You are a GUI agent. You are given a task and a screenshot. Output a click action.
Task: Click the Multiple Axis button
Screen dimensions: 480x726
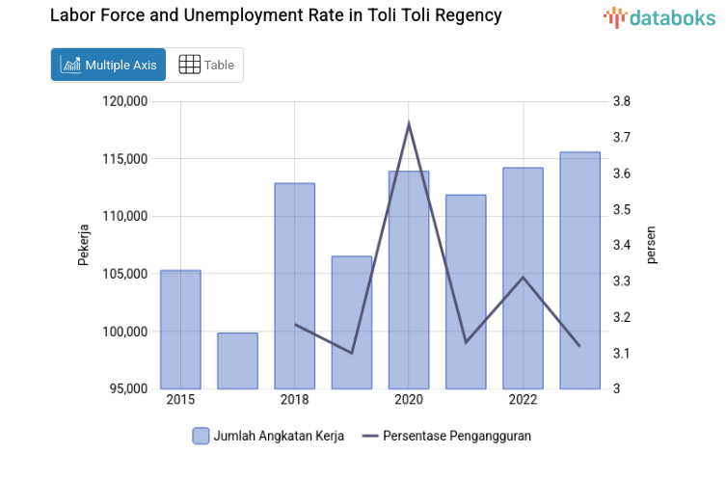(108, 65)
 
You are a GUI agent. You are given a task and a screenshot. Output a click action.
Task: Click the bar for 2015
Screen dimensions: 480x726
(180, 329)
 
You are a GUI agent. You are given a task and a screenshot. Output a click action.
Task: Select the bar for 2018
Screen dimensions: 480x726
(294, 285)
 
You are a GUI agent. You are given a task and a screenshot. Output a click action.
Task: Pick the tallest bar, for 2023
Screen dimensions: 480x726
(579, 270)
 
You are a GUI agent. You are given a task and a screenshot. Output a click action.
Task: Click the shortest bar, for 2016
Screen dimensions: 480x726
(237, 360)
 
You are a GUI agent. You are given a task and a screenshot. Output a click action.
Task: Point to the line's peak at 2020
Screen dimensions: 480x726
(409, 123)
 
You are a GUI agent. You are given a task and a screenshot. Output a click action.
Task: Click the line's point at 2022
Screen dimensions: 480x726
(523, 278)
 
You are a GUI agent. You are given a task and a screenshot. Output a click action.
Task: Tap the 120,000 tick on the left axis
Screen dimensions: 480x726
(124, 101)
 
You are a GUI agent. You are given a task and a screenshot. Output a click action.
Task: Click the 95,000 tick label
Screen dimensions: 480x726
(127, 389)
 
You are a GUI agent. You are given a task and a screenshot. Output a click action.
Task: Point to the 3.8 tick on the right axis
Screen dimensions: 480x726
(621, 101)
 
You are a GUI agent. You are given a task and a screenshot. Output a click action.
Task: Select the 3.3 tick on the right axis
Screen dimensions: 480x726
(621, 281)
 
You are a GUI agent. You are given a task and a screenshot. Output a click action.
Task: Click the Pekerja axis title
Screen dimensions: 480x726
(84, 245)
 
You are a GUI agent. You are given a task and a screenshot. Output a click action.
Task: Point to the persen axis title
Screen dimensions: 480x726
(651, 245)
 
